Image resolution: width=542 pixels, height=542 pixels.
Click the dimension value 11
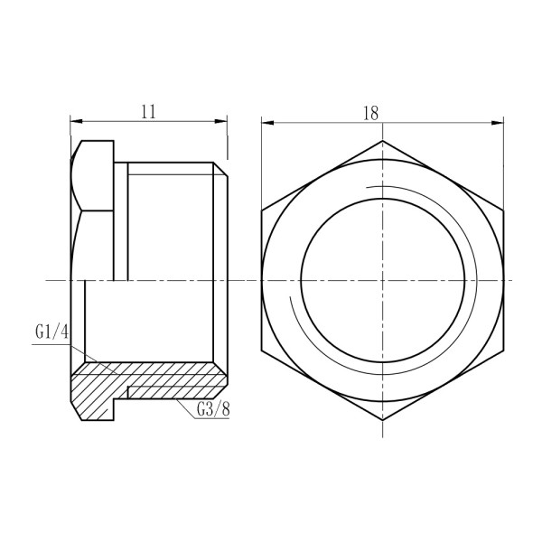(149, 111)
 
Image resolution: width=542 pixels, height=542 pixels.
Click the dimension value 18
(369, 111)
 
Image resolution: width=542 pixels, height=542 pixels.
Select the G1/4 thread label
(52, 333)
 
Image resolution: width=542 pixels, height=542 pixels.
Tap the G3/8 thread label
(212, 409)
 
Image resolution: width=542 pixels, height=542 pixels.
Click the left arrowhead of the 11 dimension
(75, 119)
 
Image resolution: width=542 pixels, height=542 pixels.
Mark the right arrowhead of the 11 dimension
(222, 119)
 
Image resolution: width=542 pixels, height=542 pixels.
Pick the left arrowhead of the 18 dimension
(266, 119)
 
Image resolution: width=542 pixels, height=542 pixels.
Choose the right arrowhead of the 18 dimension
(498, 119)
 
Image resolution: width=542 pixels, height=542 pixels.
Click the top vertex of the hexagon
(382, 140)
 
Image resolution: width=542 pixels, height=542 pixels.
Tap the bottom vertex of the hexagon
(382, 421)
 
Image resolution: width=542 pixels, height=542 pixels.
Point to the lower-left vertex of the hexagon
(261, 350)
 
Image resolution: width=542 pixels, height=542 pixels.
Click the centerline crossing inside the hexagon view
(382, 281)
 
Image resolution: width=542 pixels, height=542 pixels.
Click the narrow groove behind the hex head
(121, 221)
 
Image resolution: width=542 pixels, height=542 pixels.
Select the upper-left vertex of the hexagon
(261, 210)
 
